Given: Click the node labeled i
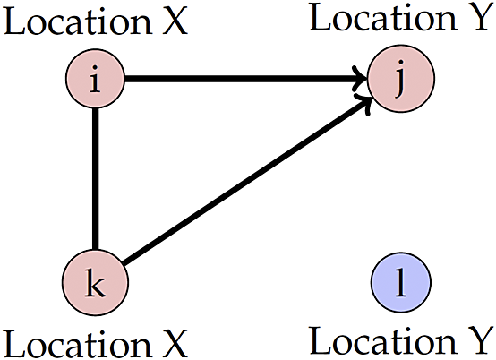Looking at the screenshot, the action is pyautogui.click(x=95, y=79).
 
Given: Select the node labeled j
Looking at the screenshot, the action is pyautogui.click(x=401, y=79).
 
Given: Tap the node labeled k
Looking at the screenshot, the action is pyautogui.click(x=95, y=282).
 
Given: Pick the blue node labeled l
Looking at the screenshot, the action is pyautogui.click(x=401, y=282).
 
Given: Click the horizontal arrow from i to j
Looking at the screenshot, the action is pyautogui.click(x=246, y=79).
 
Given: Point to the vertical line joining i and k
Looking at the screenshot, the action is pyautogui.click(x=96, y=179).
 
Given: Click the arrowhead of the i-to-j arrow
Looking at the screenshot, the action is pyautogui.click(x=361, y=79).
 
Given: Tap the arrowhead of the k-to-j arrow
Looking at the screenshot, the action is pyautogui.click(x=364, y=102).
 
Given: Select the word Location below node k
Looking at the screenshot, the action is pyautogui.click(x=78, y=343).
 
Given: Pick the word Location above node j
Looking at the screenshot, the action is pyautogui.click(x=383, y=17).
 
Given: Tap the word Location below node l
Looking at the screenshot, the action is pyautogui.click(x=383, y=339).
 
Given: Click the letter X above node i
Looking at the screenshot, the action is pyautogui.click(x=175, y=21).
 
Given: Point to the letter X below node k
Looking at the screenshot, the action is pyautogui.click(x=175, y=344).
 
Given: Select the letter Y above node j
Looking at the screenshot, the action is pyautogui.click(x=480, y=18).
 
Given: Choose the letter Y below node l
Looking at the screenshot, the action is pyautogui.click(x=480, y=340).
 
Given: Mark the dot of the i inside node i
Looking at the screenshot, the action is pyautogui.click(x=95, y=67).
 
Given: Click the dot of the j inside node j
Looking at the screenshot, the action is pyautogui.click(x=402, y=62).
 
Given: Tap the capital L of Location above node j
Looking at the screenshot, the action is pyautogui.click(x=321, y=18).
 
